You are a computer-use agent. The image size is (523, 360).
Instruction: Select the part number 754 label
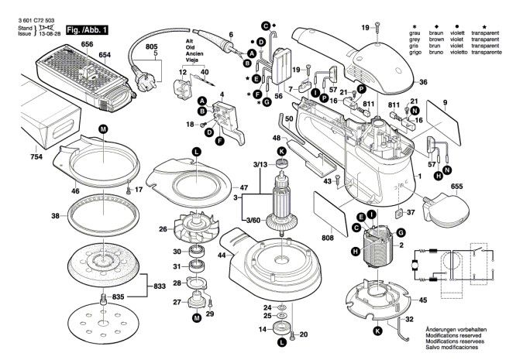point(15,157)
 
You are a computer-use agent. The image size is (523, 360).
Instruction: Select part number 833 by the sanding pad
point(160,286)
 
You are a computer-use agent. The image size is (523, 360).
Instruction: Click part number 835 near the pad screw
point(118,297)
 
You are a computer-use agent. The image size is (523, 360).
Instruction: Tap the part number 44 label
point(223,255)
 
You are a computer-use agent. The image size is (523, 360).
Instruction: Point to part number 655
point(477,187)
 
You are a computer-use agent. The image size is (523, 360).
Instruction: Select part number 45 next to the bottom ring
point(422,300)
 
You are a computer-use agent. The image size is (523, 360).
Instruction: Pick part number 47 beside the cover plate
point(243,188)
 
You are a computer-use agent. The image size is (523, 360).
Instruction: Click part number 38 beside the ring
point(34,216)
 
